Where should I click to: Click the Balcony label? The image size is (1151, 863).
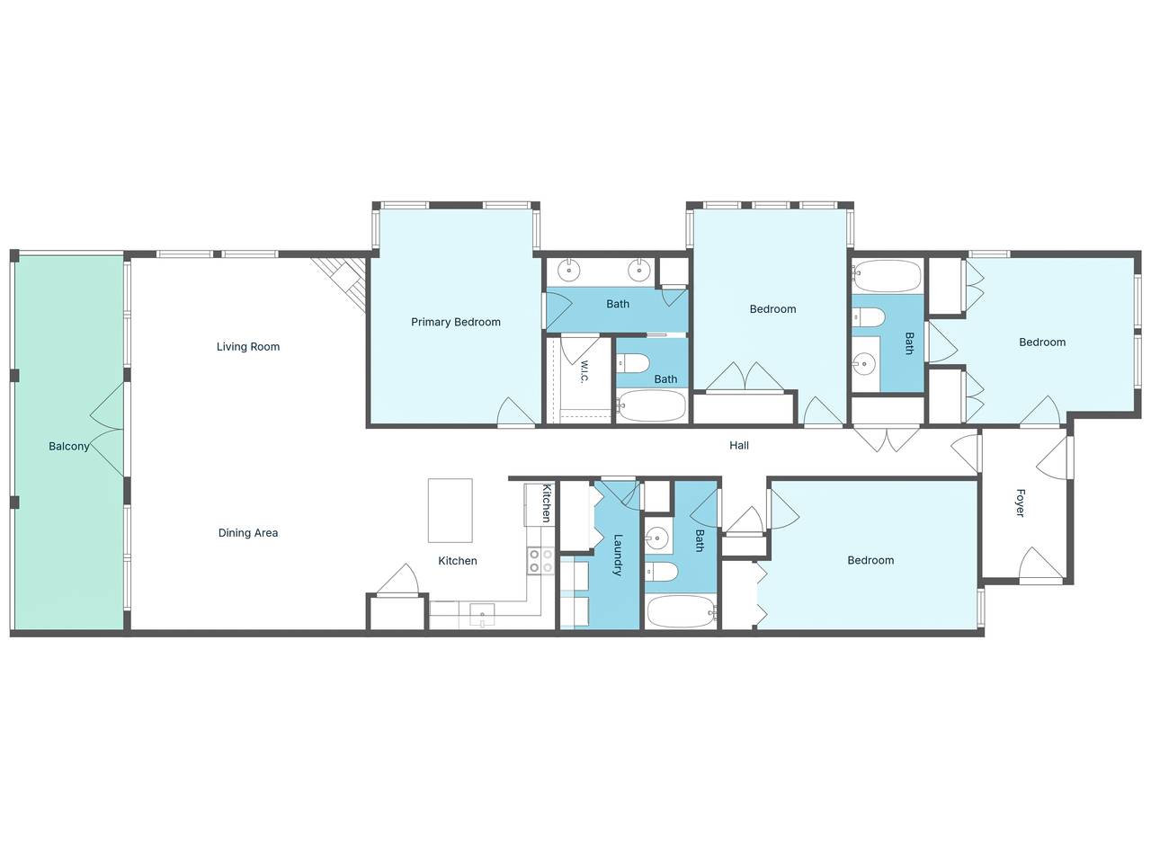[68, 447]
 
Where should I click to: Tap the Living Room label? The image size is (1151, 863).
[248, 346]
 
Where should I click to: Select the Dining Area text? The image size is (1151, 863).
[248, 533]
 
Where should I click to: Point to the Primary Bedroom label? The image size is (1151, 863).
[456, 322]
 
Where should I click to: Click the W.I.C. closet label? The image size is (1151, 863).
[584, 371]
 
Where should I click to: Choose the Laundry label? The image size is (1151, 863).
[618, 555]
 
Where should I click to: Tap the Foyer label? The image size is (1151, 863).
[1020, 503]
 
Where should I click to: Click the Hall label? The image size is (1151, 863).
[739, 445]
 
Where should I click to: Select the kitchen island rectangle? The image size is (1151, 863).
[450, 511]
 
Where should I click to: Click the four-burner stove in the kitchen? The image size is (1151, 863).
[540, 561]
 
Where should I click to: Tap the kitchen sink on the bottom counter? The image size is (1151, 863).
[482, 614]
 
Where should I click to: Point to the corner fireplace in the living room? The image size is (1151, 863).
[341, 283]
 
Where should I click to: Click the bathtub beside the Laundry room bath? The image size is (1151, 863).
[682, 611]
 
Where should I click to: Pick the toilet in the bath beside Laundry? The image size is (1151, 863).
[661, 572]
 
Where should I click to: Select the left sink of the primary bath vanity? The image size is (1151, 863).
[569, 271]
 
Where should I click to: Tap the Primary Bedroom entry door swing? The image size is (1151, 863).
[516, 412]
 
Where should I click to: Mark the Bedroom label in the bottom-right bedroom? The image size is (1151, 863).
[870, 560]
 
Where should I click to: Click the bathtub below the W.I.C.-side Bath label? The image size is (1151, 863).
[651, 406]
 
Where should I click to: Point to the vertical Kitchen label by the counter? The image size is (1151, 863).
[546, 503]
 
